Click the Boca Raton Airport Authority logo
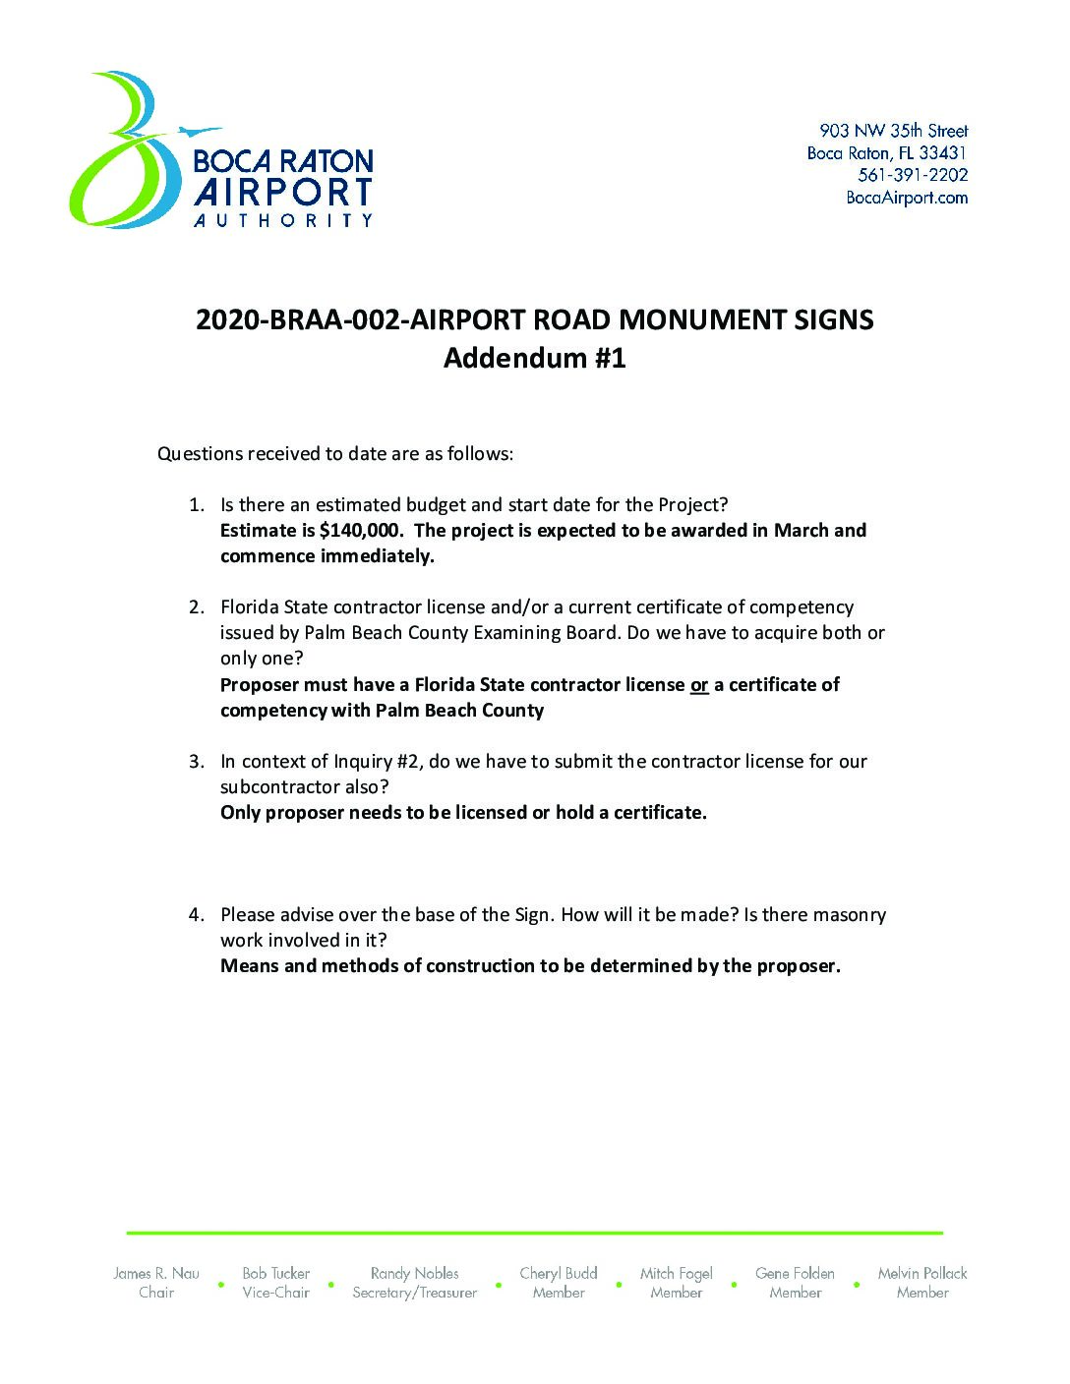221,151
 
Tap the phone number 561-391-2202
913,175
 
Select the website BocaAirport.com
907,198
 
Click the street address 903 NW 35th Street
893,131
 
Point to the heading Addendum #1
534,358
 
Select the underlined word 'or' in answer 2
699,685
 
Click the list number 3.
197,762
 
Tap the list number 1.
197,505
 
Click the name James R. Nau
156,1273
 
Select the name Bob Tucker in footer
276,1273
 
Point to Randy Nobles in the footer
414,1273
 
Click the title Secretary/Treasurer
414,1293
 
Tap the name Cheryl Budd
559,1273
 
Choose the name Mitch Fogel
676,1273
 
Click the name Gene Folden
795,1273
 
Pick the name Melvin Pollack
922,1273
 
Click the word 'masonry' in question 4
850,915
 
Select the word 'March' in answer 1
801,531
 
